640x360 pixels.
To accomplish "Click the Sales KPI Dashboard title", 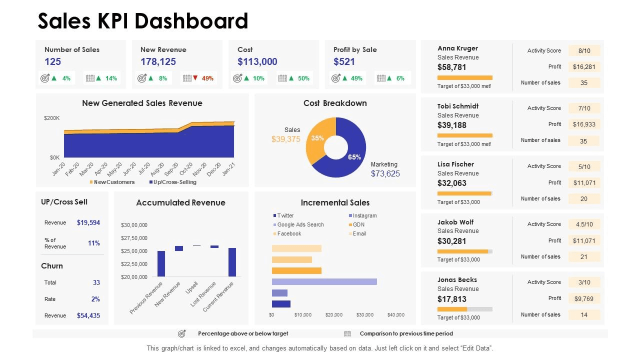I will [x=143, y=21].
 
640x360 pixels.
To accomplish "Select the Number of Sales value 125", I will [x=52, y=61].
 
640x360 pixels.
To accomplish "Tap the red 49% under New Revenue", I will [x=207, y=78].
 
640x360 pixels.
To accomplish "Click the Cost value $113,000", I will [x=257, y=61].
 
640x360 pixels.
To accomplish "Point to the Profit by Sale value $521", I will [x=344, y=61].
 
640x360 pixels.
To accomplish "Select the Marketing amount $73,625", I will [x=385, y=173].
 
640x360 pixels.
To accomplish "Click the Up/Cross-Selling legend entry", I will [x=174, y=182].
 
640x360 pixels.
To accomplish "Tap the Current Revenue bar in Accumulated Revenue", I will [x=232, y=262].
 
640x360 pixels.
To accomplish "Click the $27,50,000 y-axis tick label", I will [x=134, y=238].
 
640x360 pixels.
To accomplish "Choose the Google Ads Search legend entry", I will [x=300, y=224].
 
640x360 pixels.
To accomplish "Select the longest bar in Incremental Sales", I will [x=324, y=281].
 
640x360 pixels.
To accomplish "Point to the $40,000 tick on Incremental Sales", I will [x=395, y=314].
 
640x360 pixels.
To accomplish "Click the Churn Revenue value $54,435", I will [x=88, y=315].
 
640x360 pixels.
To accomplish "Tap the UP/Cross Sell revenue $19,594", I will [x=88, y=222].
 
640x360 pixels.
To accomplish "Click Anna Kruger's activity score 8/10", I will [x=584, y=50].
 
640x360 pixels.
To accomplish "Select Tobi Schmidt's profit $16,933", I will [x=584, y=124].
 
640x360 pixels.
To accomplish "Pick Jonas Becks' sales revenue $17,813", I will [x=451, y=299].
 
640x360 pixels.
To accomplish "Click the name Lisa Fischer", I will [x=455, y=164].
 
